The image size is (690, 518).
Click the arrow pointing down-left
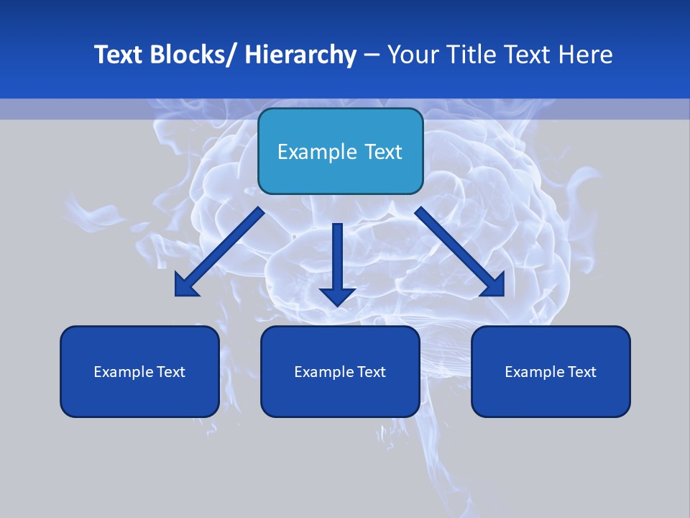219,252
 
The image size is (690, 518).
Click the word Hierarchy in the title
300,55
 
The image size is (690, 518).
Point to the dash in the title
372,55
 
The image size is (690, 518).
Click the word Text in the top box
382,152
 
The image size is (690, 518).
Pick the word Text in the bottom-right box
581,372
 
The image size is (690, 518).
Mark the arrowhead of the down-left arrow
185,286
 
